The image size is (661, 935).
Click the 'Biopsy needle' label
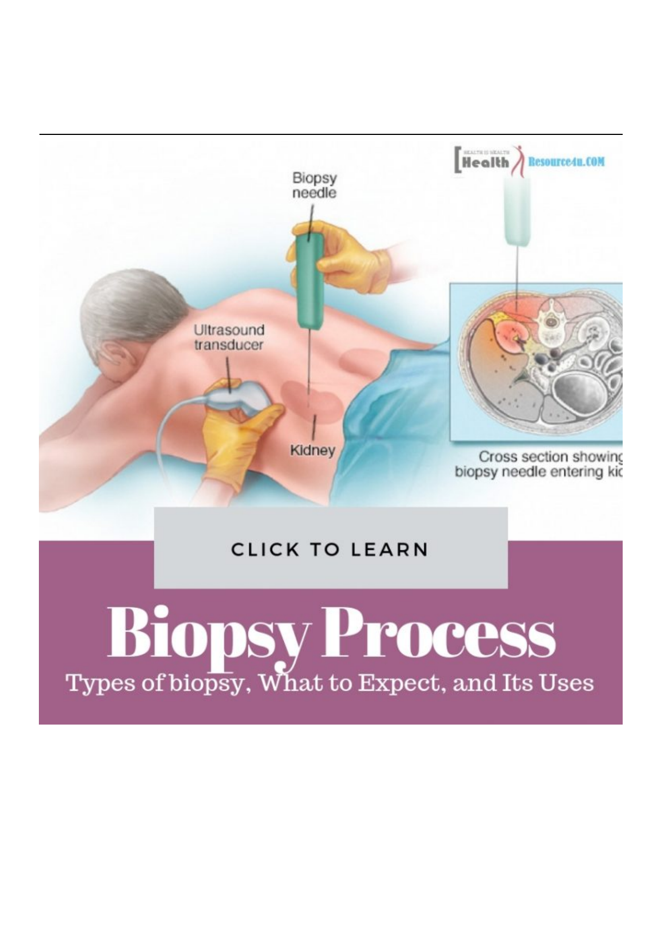(x=314, y=186)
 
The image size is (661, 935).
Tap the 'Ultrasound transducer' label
(x=228, y=337)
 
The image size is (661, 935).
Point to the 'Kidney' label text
(x=313, y=450)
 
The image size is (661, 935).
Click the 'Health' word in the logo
(x=485, y=162)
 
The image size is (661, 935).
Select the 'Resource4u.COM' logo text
(x=566, y=162)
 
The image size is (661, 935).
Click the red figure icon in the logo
(x=519, y=161)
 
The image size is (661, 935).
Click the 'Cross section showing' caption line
(x=550, y=457)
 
